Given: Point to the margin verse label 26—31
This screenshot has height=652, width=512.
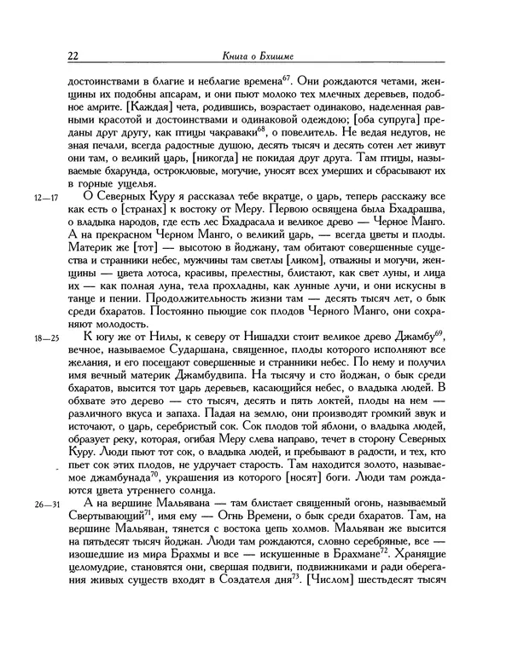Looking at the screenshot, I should tap(43, 530).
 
